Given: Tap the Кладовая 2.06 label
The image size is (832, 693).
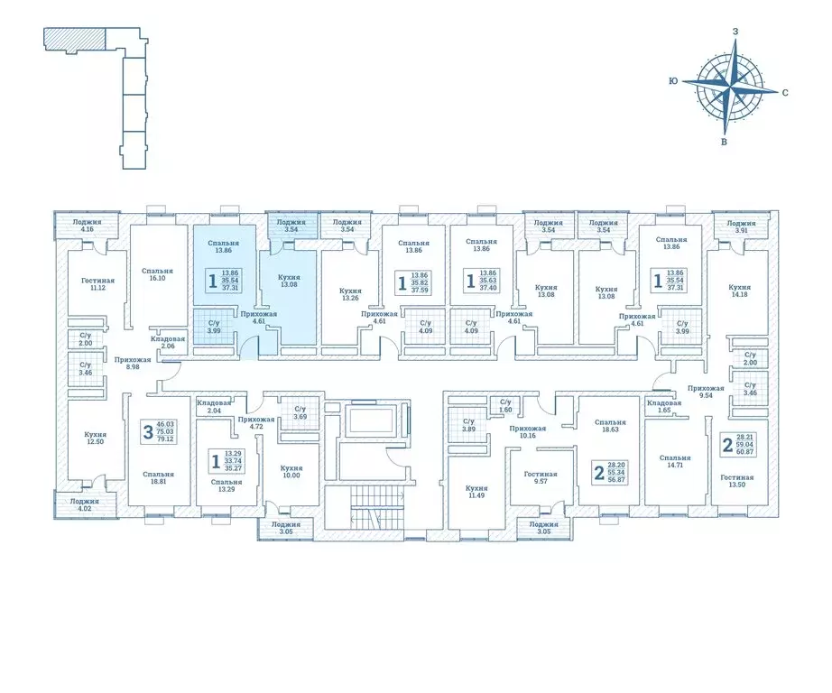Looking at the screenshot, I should click(168, 342).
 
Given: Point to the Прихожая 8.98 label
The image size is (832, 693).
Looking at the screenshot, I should click(132, 363).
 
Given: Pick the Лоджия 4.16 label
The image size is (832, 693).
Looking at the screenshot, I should click(87, 225).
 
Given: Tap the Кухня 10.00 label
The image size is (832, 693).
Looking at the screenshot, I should click(291, 472).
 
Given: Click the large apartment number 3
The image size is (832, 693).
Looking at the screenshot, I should click(147, 431).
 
